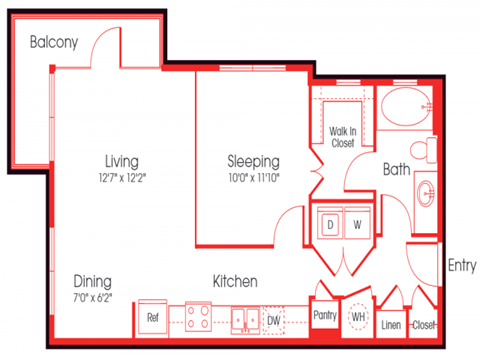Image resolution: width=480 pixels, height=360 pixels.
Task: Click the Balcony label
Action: pyautogui.click(x=53, y=42)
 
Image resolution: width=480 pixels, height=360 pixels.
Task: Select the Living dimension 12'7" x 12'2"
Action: pyautogui.click(x=121, y=179)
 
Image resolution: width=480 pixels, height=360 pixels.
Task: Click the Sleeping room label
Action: pyautogui.click(x=252, y=161)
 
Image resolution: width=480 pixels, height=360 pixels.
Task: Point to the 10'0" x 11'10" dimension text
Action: pyautogui.click(x=252, y=179)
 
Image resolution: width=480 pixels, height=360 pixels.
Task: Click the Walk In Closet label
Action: pyautogui.click(x=342, y=136)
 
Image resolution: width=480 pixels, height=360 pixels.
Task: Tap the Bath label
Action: pyautogui.click(x=397, y=170)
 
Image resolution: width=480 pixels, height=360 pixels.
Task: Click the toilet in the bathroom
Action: pyautogui.click(x=427, y=150)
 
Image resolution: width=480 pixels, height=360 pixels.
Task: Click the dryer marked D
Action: pyautogui.click(x=328, y=225)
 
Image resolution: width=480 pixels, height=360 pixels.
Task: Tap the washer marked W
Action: pyautogui.click(x=354, y=225)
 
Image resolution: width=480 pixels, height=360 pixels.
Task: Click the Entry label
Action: pyautogui.click(x=461, y=265)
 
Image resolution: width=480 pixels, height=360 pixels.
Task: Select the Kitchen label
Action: pyautogui.click(x=235, y=282)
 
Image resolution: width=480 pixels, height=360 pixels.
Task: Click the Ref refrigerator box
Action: pyautogui.click(x=153, y=318)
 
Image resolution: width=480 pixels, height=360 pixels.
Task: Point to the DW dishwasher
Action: pyautogui.click(x=273, y=319)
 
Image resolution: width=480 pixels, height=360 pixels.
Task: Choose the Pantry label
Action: pyautogui.click(x=326, y=314)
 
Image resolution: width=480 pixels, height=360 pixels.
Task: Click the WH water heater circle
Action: pyautogui.click(x=358, y=318)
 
